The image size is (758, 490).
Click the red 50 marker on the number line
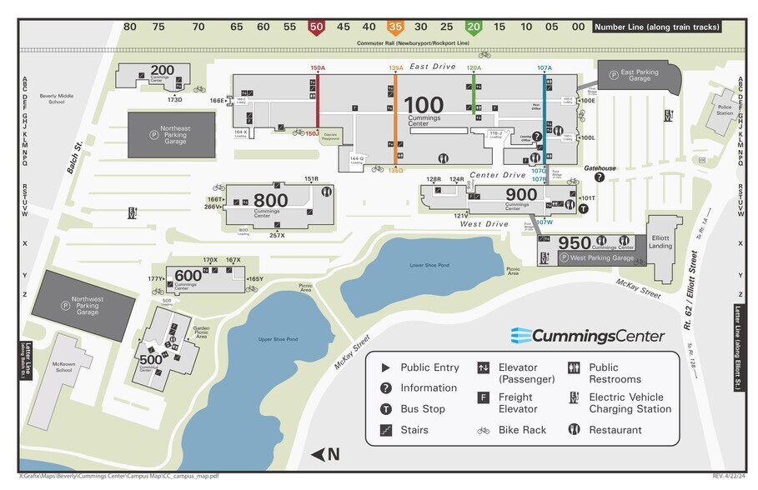tap(316, 27)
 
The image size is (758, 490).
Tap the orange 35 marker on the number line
tap(395, 27)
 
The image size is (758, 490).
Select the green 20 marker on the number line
tap(473, 27)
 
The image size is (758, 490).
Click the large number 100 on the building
tap(424, 106)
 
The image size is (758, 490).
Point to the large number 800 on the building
tap(270, 200)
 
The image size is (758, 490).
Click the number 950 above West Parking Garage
tap(575, 242)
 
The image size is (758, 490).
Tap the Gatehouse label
tap(600, 168)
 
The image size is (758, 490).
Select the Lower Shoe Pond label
tap(429, 265)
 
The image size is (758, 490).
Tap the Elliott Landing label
tap(661, 242)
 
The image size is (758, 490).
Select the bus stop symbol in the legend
tap(385, 409)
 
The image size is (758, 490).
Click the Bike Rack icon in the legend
tap(483, 430)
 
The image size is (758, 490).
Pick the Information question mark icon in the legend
tap(385, 388)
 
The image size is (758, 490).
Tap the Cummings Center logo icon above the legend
tap(522, 335)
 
